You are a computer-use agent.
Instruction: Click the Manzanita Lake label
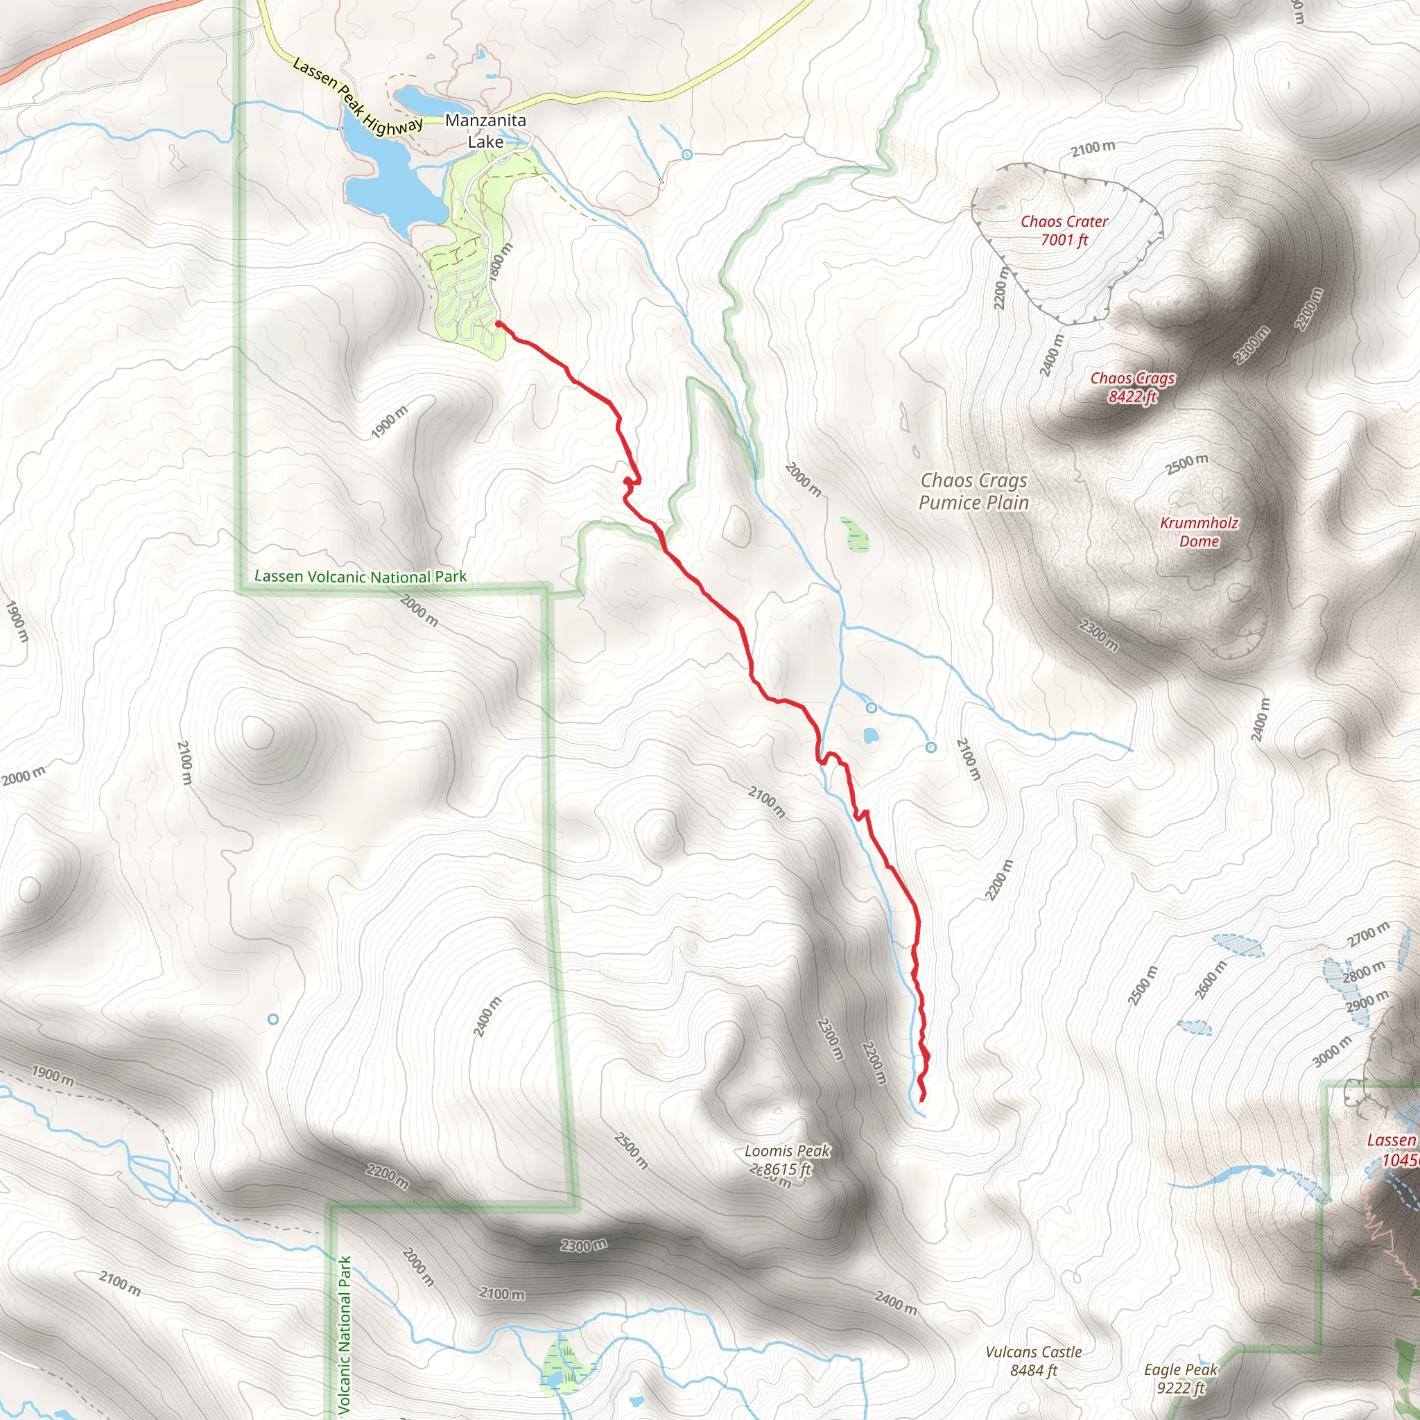(x=485, y=131)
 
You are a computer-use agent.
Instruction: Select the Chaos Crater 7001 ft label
(x=1064, y=230)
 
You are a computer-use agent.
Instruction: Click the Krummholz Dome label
(x=1199, y=532)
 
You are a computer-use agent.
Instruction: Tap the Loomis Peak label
(x=787, y=1151)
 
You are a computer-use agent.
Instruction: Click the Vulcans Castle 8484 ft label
(x=1032, y=1360)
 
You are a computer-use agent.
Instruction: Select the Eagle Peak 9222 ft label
(x=1180, y=1378)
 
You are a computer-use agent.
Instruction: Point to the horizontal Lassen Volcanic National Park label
(x=360, y=577)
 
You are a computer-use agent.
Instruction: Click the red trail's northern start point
(x=499, y=323)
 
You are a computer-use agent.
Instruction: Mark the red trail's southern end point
(x=921, y=1100)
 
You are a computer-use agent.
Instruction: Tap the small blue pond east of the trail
(x=870, y=735)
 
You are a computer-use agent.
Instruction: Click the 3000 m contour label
(x=1332, y=1051)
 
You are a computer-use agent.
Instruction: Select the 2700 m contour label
(x=1368, y=934)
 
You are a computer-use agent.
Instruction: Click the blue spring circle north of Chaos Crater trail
(x=686, y=155)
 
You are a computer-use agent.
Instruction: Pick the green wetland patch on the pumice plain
(x=856, y=535)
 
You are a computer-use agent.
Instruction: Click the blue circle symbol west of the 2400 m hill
(x=272, y=1019)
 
